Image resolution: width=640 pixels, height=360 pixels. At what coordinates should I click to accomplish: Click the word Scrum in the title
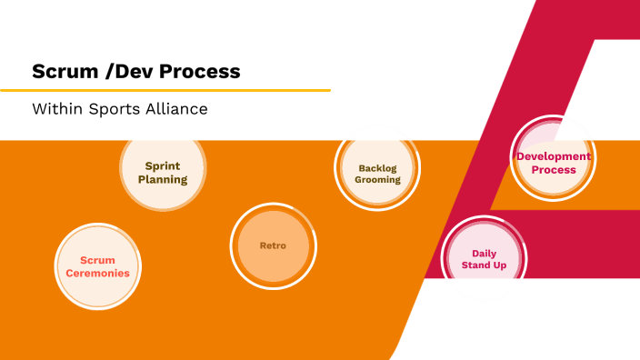tap(61, 71)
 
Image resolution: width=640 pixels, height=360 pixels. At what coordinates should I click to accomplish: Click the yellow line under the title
tap(165, 90)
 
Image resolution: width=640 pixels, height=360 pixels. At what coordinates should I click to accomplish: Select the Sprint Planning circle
tap(163, 172)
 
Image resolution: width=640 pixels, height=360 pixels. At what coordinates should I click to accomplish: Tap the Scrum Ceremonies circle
tap(97, 265)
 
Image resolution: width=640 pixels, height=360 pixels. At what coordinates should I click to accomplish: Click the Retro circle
tap(273, 245)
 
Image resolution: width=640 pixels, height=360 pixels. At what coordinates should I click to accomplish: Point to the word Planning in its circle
tap(163, 179)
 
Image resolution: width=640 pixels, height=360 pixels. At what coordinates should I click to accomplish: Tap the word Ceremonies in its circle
tap(97, 273)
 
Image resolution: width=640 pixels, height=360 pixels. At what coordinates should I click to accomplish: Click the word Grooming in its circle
tap(378, 180)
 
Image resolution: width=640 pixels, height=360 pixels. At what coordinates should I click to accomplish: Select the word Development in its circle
tap(554, 156)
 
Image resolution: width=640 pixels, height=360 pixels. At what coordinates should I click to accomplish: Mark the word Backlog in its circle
tap(378, 167)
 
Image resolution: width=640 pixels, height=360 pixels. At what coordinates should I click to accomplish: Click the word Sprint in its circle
tap(163, 165)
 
